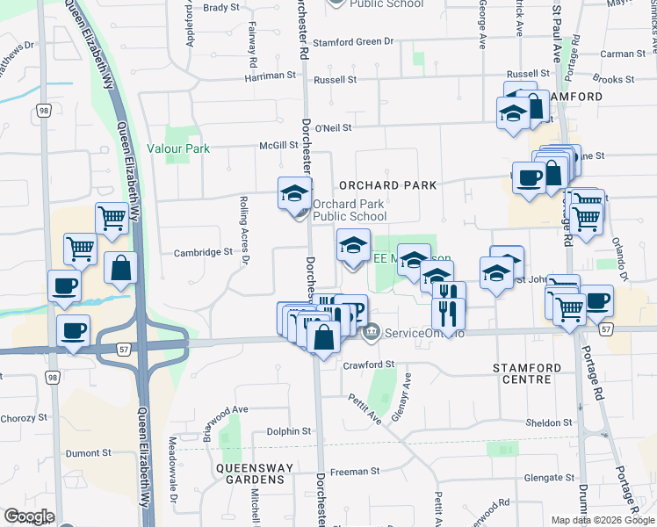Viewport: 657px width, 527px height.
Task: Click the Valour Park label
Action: tap(178, 148)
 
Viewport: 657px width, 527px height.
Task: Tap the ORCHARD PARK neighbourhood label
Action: tap(387, 185)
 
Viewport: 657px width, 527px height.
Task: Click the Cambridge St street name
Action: tap(202, 252)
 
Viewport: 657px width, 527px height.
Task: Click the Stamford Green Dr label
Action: tap(352, 42)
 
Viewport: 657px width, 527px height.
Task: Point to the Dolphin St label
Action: tap(289, 431)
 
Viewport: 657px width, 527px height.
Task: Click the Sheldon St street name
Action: tap(549, 422)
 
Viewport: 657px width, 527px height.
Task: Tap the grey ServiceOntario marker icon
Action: tap(371, 332)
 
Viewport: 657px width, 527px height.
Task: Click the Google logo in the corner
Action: tap(28, 516)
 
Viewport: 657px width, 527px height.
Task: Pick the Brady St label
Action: tap(220, 7)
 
